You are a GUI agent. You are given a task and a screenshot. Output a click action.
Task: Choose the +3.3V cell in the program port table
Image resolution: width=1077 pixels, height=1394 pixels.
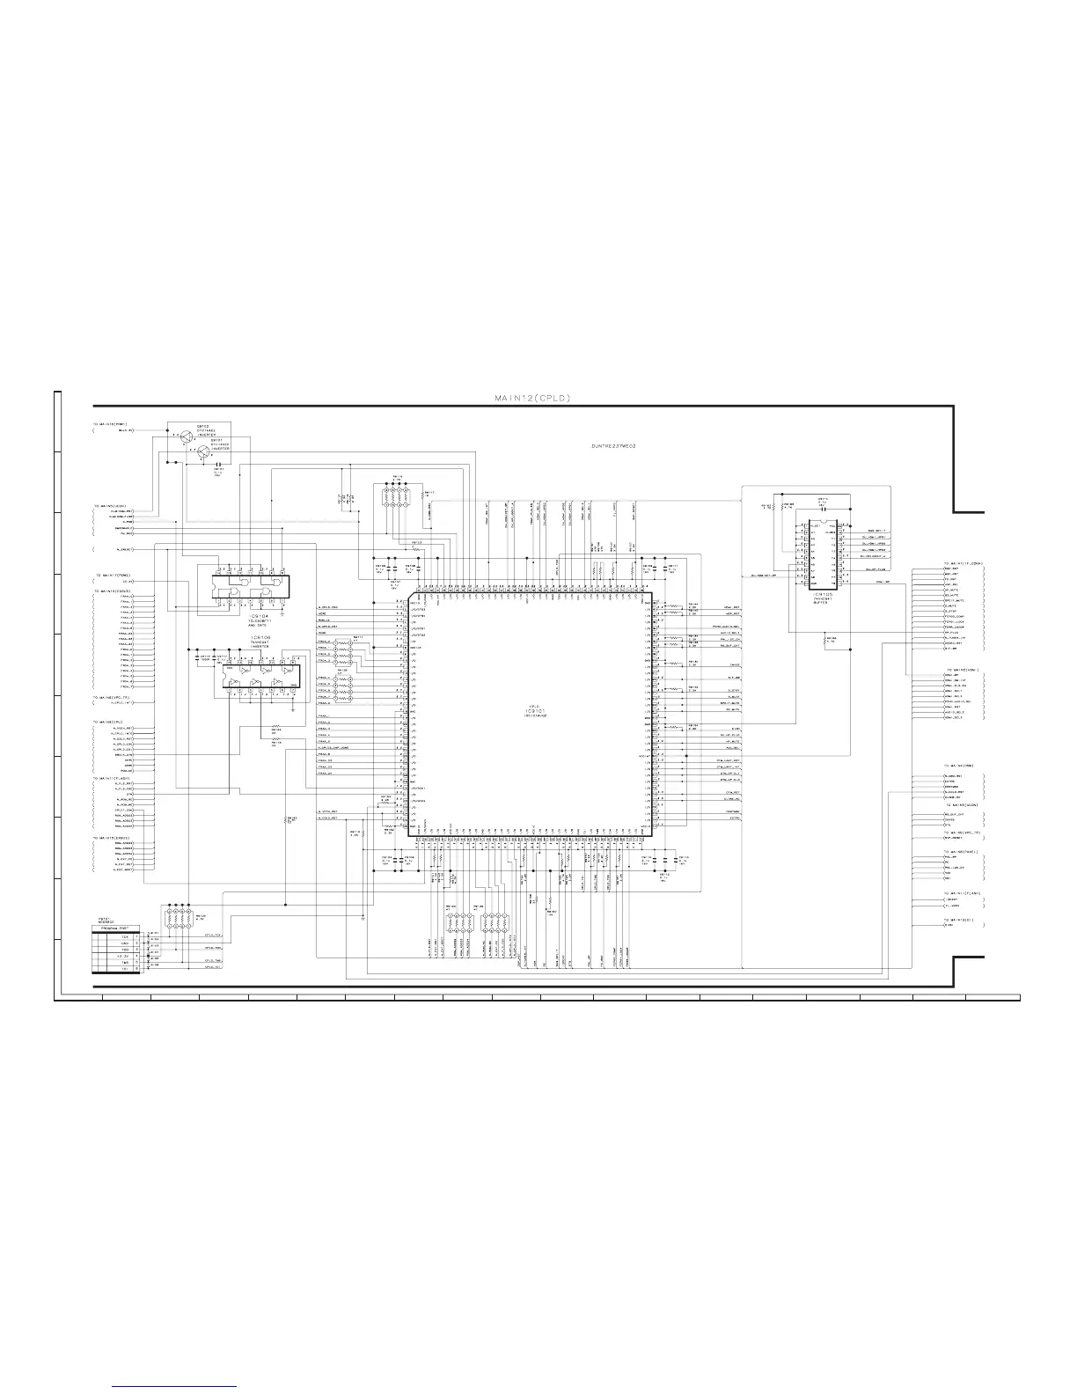[123, 957]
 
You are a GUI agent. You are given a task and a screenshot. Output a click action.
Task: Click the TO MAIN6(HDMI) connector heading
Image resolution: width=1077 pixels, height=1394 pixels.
[961, 671]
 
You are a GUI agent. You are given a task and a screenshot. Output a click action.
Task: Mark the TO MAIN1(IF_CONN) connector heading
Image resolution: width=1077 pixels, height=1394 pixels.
[963, 563]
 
